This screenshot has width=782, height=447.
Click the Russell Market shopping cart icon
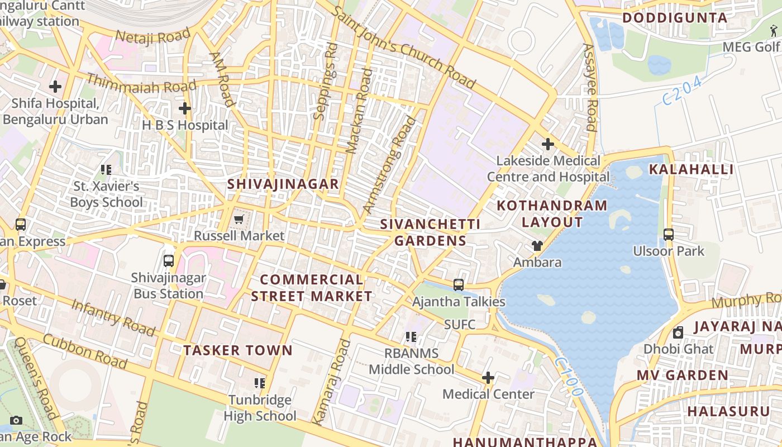(239, 219)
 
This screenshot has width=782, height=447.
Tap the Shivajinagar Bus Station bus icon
(169, 260)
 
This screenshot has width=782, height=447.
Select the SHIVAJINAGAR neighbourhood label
(283, 184)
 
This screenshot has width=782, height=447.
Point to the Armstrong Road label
(390, 165)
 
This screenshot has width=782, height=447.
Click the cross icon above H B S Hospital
(185, 108)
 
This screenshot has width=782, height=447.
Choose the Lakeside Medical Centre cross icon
(548, 144)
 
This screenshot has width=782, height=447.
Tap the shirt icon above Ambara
(537, 245)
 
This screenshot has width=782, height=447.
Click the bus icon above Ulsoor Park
(669, 235)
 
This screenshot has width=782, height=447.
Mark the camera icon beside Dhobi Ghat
(678, 333)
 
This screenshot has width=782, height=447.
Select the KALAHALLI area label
(690, 169)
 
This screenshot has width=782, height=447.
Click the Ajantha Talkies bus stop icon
(459, 285)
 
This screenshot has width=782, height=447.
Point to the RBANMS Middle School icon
(411, 337)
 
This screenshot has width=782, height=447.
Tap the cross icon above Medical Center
(488, 378)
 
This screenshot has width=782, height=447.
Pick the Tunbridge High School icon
(260, 383)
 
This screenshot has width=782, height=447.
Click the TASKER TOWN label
(238, 351)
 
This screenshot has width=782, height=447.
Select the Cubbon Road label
(85, 351)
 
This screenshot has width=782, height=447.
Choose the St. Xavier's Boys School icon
(106, 169)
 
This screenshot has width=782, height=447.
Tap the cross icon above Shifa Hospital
(55, 87)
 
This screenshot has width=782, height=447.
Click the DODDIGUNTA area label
(675, 18)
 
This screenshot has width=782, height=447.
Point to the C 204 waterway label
(682, 91)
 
